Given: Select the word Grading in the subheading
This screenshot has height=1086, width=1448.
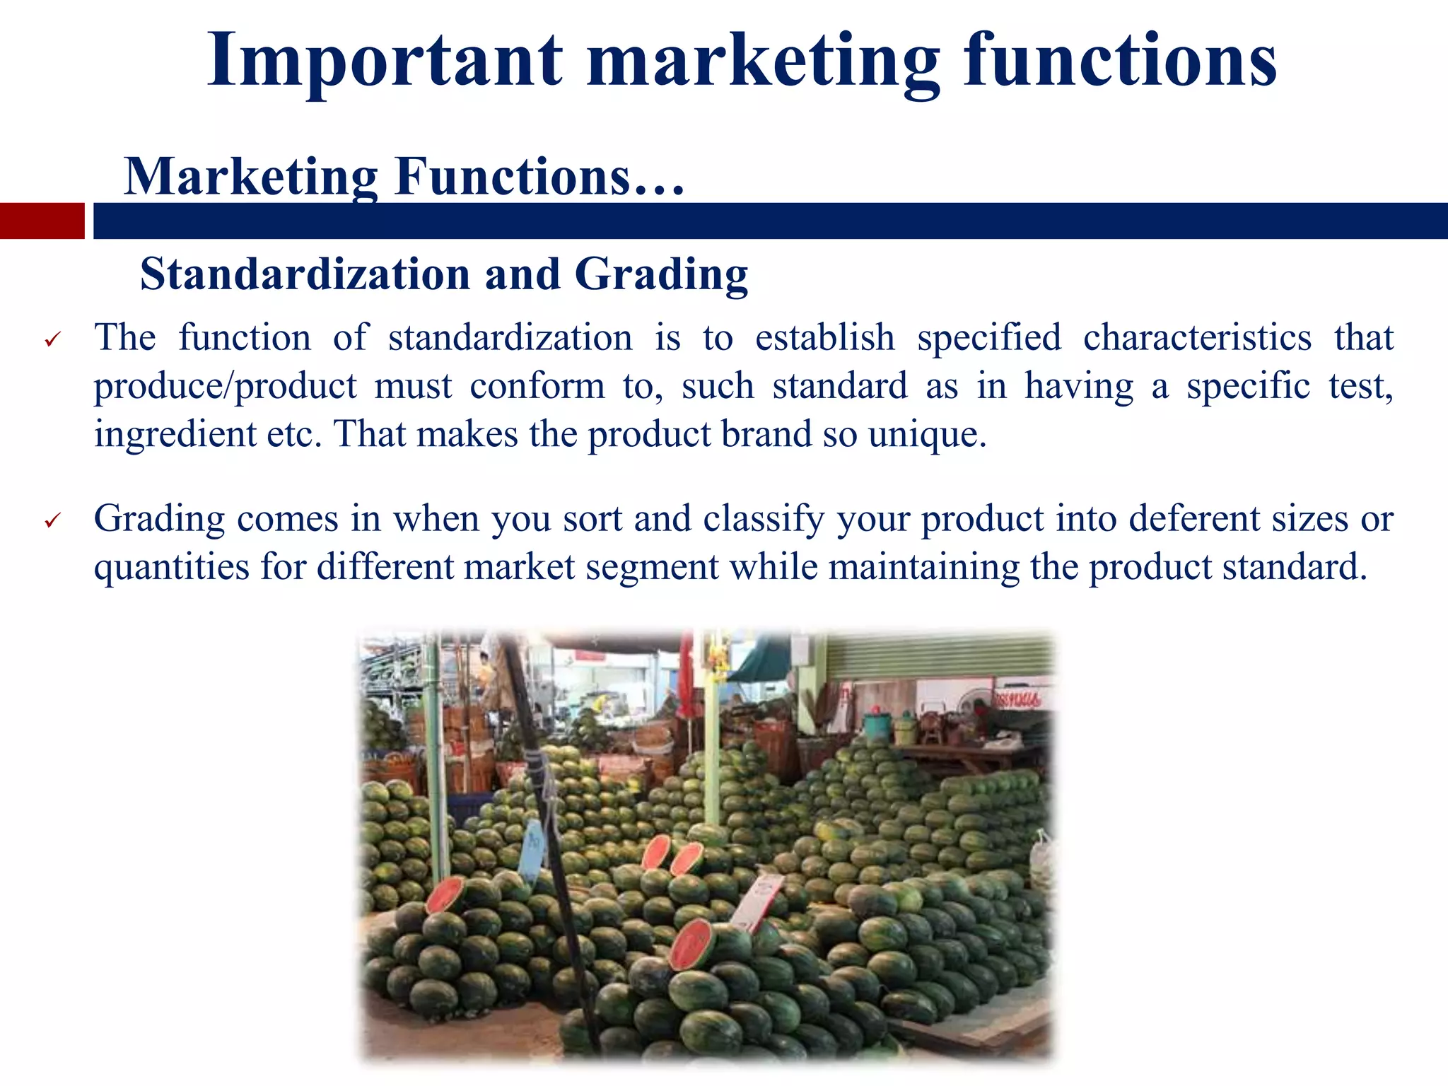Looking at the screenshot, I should pyautogui.click(x=661, y=274).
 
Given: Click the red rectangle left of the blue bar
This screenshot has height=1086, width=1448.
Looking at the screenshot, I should pyautogui.click(x=42, y=221).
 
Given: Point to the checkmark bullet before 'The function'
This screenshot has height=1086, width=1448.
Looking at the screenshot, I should pyautogui.click(x=53, y=340).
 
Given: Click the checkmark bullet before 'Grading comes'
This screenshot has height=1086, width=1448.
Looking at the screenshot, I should pyautogui.click(x=53, y=522).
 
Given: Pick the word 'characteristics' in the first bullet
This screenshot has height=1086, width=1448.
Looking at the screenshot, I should pyautogui.click(x=1197, y=337).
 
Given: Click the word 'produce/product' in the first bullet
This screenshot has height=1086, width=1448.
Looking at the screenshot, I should pyautogui.click(x=226, y=386).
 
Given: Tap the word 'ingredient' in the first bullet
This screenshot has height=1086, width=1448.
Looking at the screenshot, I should pyautogui.click(x=175, y=434).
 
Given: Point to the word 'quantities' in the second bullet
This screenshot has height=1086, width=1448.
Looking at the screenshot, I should pyautogui.click(x=171, y=567).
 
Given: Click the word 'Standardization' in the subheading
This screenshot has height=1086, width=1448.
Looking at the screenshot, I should pyautogui.click(x=305, y=274).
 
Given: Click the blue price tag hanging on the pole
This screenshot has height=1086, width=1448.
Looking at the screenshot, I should pyautogui.click(x=532, y=849).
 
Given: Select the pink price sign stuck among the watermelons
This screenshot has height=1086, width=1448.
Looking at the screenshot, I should pyautogui.click(x=757, y=901).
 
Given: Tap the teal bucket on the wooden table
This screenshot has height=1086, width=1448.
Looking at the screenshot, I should pyautogui.click(x=877, y=725).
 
